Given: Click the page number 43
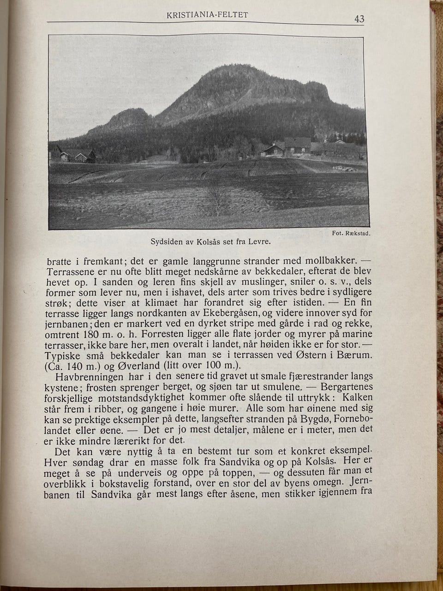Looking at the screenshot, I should coord(359,19).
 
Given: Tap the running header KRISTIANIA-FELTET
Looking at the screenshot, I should coord(207,15).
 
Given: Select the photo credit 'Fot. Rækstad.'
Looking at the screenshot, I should coord(351,234).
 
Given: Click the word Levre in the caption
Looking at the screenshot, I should coord(259,241).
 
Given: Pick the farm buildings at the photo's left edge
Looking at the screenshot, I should coord(74,155).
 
